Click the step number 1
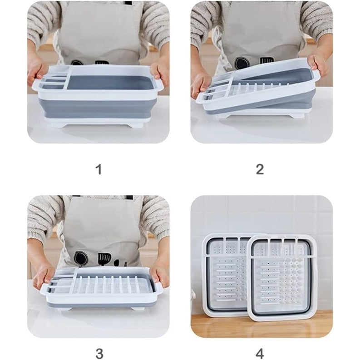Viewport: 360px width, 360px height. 99,169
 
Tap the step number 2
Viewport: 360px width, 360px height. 260,169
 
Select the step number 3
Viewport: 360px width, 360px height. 99,353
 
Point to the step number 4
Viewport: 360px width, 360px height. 260,353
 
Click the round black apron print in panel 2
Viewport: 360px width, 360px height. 242,63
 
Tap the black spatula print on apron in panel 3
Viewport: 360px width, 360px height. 102,258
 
